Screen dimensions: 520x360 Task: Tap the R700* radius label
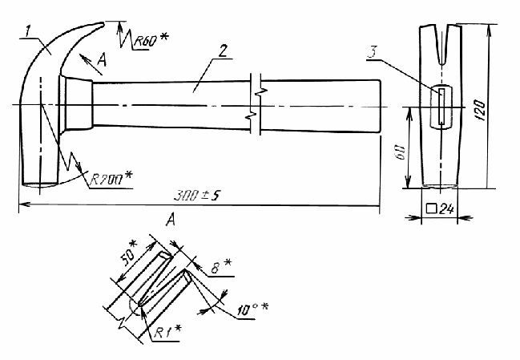pos(111,180)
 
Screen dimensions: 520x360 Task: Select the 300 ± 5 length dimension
pos(197,196)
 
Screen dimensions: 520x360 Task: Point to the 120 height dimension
pos(481,110)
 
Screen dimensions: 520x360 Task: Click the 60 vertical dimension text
pos(401,152)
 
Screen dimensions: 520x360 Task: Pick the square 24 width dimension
pos(440,208)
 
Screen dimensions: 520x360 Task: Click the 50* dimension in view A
pos(129,255)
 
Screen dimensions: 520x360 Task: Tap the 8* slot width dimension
pos(221,266)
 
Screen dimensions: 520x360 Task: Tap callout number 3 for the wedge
pos(373,52)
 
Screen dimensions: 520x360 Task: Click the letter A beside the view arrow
pos(102,61)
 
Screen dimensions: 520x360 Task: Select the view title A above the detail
pos(170,220)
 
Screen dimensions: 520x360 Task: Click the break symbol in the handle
pos(256,104)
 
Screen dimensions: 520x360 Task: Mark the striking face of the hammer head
pos(40,184)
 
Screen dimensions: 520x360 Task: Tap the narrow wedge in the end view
pos(441,106)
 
